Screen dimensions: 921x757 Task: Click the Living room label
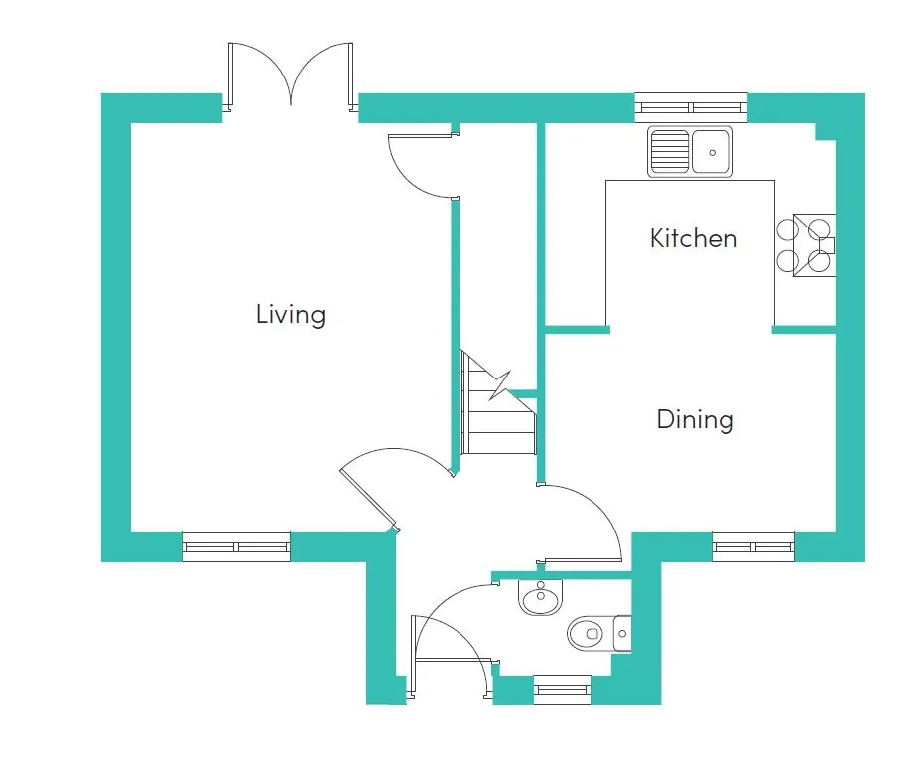(291, 315)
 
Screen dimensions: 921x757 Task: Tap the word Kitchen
(694, 238)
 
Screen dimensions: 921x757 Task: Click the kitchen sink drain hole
(713, 153)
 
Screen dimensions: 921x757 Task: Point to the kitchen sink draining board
(670, 152)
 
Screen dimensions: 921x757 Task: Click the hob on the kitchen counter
(806, 245)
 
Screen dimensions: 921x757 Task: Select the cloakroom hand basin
(540, 596)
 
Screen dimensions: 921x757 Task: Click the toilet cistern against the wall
(622, 634)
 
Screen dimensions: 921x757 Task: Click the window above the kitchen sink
(692, 107)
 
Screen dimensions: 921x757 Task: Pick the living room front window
(236, 547)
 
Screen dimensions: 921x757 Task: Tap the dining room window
(753, 547)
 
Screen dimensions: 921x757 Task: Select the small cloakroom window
(562, 690)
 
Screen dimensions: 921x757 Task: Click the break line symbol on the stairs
(500, 385)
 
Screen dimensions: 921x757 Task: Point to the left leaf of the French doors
(231, 76)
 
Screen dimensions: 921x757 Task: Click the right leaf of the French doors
(351, 76)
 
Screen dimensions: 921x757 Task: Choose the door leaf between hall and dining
(582, 560)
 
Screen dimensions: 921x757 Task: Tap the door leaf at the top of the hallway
(424, 136)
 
